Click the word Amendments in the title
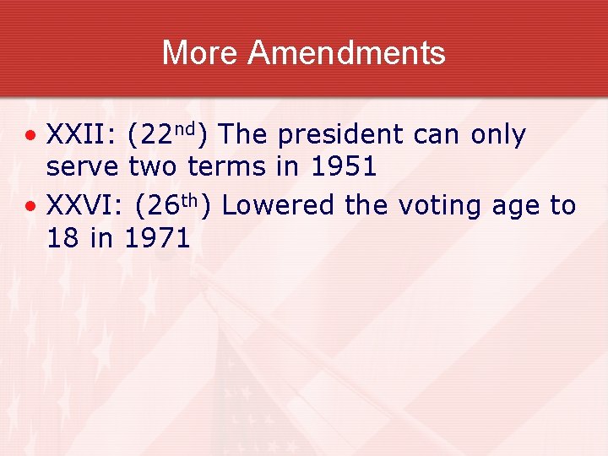[x=346, y=53]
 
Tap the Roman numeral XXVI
[x=81, y=205]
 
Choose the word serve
[x=82, y=167]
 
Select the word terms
[x=226, y=166]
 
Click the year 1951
[x=343, y=166]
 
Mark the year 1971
[x=157, y=237]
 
